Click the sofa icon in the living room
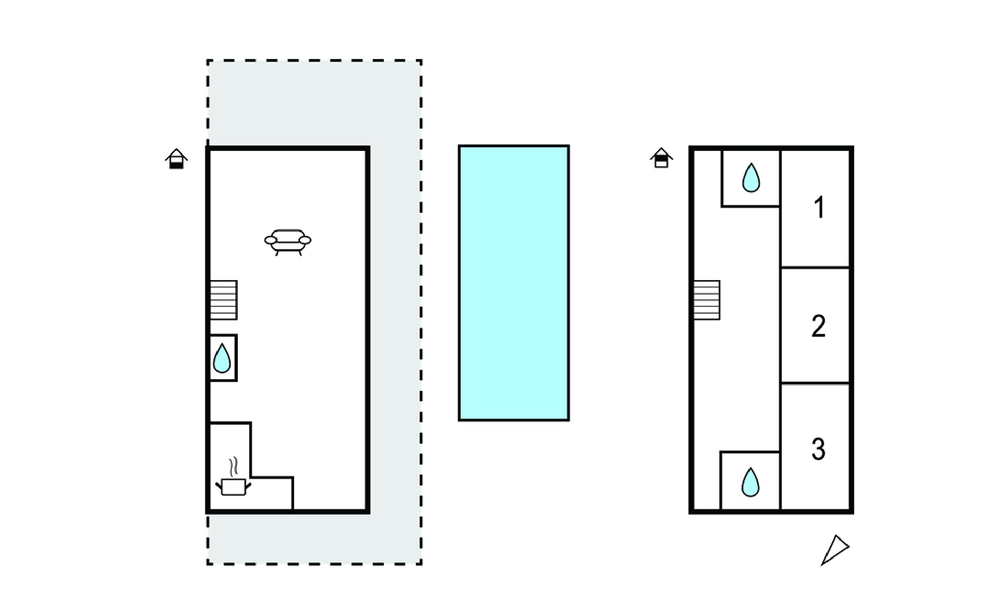coord(288,242)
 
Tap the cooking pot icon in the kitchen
coord(233,486)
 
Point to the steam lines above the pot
coord(234,466)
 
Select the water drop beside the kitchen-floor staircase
coord(222,358)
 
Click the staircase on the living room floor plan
coord(223,300)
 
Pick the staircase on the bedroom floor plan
coord(707,300)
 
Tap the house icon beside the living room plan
coord(176,159)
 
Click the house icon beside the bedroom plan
coord(661,158)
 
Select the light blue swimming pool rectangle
coord(514,283)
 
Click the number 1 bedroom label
coord(819,208)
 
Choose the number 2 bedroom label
coord(818,326)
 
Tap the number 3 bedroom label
coord(818,449)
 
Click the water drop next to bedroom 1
coord(751,178)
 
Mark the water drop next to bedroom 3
coord(751,482)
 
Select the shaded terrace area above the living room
coord(314,103)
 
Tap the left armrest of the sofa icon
coord(270,240)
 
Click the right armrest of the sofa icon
coord(305,240)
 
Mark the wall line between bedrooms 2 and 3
coord(815,383)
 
